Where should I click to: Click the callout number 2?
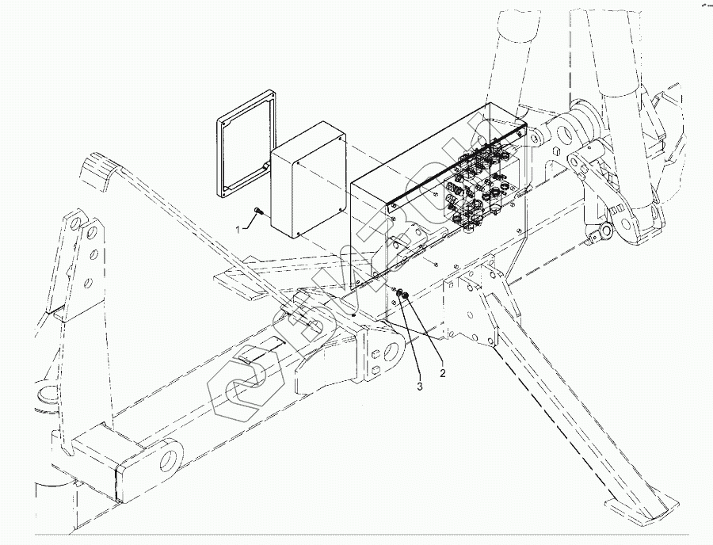coord(443,372)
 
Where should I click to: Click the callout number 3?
coord(421,387)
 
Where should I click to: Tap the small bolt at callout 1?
coord(259,212)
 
